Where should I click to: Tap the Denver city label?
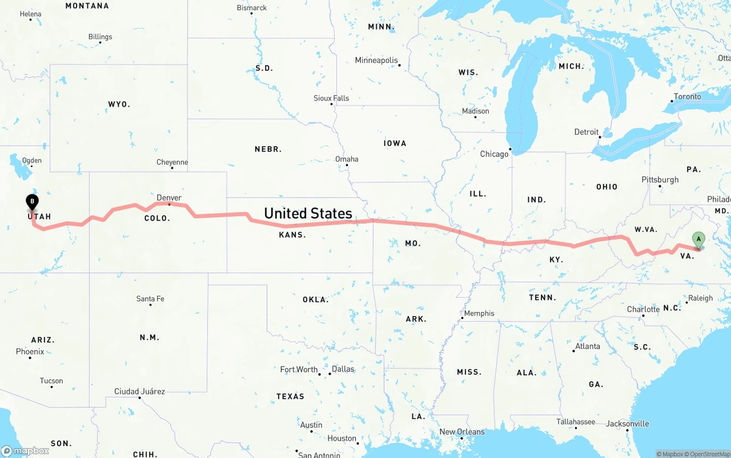coord(169,198)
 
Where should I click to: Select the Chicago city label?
coord(494,154)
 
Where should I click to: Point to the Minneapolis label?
coord(376,60)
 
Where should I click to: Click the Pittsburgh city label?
coord(660,180)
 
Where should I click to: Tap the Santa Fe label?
coord(150,299)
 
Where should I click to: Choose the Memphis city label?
coord(479,313)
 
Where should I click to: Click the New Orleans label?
coord(461,432)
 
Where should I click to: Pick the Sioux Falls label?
coord(331,99)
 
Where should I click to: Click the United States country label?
coord(308,213)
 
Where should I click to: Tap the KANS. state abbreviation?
coord(292,235)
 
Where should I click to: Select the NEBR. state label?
coord(268,149)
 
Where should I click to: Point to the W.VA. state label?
coord(646,229)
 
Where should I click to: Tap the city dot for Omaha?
coord(347,165)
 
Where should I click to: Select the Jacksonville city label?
coord(627,424)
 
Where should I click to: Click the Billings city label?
coord(100,37)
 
